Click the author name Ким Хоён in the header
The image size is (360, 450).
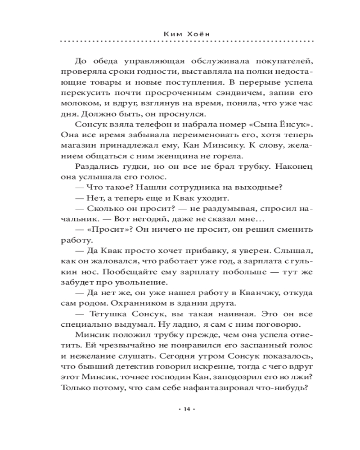pos(187,33)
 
